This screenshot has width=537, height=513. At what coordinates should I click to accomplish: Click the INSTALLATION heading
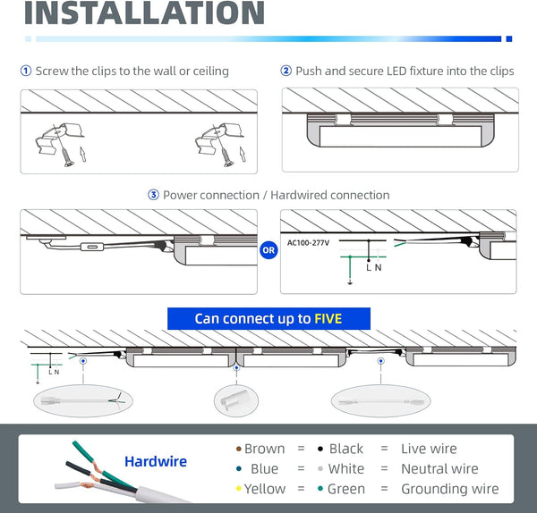pyautogui.click(x=144, y=13)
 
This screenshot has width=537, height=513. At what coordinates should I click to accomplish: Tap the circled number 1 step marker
pyautogui.click(x=26, y=71)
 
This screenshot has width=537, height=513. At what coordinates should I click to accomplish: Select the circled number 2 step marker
pyautogui.click(x=286, y=71)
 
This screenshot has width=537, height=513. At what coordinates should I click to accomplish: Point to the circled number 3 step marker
pyautogui.click(x=153, y=195)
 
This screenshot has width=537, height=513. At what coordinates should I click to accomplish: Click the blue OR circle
pyautogui.click(x=268, y=250)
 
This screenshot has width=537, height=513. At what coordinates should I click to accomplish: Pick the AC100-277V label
pyautogui.click(x=308, y=243)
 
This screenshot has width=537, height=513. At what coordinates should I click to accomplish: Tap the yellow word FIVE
pyautogui.click(x=328, y=319)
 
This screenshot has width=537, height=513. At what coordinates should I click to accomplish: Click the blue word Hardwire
pyautogui.click(x=156, y=461)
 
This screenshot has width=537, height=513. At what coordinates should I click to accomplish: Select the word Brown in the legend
pyautogui.click(x=264, y=449)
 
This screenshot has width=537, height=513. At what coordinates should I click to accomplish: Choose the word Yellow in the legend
pyautogui.click(x=265, y=489)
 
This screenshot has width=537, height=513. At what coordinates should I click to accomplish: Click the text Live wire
pyautogui.click(x=429, y=449)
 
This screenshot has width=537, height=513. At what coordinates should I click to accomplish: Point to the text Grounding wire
pyautogui.click(x=450, y=489)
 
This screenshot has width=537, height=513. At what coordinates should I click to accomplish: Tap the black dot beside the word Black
pyautogui.click(x=320, y=449)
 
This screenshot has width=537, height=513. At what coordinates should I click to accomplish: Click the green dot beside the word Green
pyautogui.click(x=320, y=489)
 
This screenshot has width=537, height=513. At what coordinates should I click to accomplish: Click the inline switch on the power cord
pyautogui.click(x=92, y=247)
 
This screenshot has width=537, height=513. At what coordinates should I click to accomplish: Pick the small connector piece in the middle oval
pyautogui.click(x=234, y=400)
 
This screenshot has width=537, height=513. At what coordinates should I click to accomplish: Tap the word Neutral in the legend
pyautogui.click(x=422, y=469)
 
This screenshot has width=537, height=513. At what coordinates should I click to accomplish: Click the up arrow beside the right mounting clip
pyautogui.click(x=243, y=155)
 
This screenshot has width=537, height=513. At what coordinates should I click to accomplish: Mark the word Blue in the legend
pyautogui.click(x=264, y=469)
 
